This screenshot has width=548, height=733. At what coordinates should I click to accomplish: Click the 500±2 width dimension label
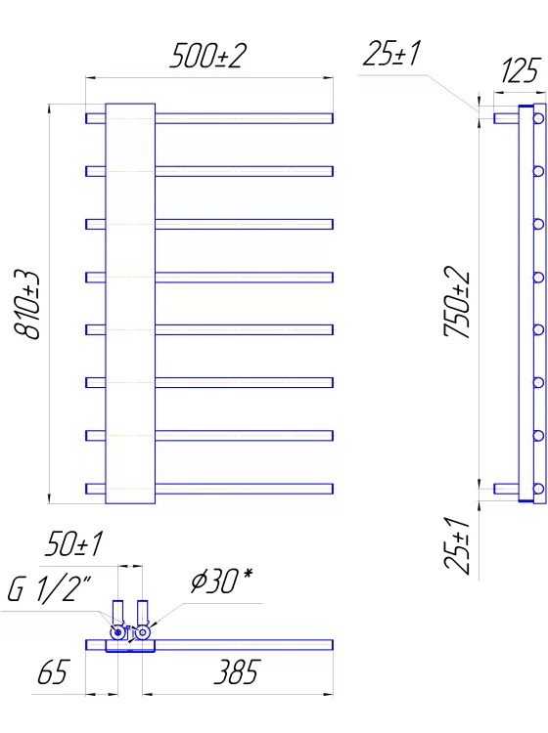tap(207, 56)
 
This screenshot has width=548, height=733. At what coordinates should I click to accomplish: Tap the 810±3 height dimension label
tap(27, 304)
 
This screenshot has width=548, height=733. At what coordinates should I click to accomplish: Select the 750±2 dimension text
tap(456, 302)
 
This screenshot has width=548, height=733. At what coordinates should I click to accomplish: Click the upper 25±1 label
tap(392, 54)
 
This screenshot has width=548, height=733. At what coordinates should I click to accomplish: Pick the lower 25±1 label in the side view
tap(456, 545)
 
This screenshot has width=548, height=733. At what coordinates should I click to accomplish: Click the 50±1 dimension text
tap(73, 543)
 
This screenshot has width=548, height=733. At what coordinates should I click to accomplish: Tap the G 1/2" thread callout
tap(50, 589)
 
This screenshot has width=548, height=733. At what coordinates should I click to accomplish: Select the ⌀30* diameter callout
tap(222, 582)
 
